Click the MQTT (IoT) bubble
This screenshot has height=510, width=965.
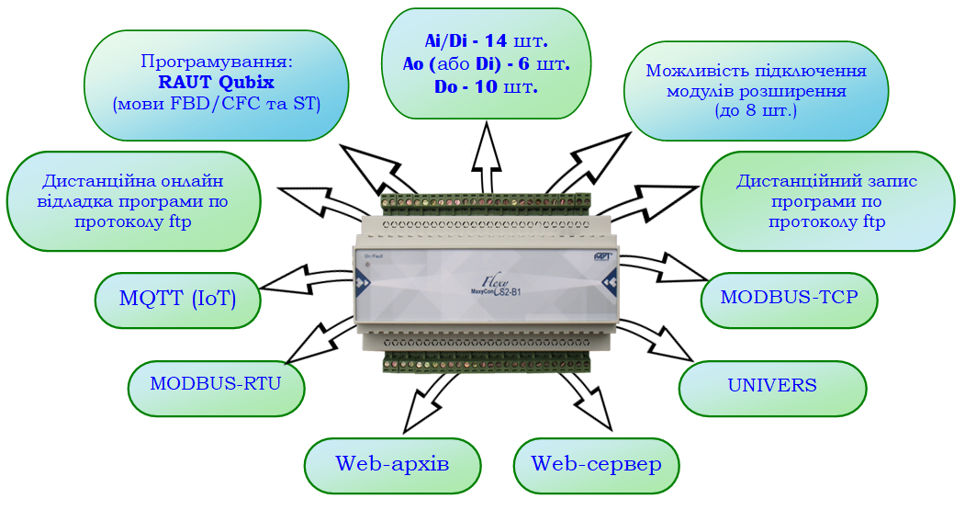click(x=178, y=298)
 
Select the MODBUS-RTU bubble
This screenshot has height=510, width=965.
click(x=216, y=384)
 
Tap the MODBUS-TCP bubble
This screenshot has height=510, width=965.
click(x=789, y=298)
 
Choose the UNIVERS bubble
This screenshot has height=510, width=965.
click(x=772, y=385)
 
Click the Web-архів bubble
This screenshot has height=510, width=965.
click(x=392, y=464)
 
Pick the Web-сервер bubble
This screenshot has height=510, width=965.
click(x=596, y=464)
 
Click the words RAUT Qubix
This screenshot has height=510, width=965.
click(x=216, y=84)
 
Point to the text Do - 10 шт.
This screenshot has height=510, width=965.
click(x=485, y=87)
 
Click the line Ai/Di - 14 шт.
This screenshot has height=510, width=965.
click(x=485, y=41)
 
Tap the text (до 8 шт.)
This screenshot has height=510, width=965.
click(x=756, y=110)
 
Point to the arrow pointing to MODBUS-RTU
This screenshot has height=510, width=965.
click(x=317, y=340)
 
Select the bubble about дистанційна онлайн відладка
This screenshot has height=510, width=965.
click(x=133, y=199)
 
